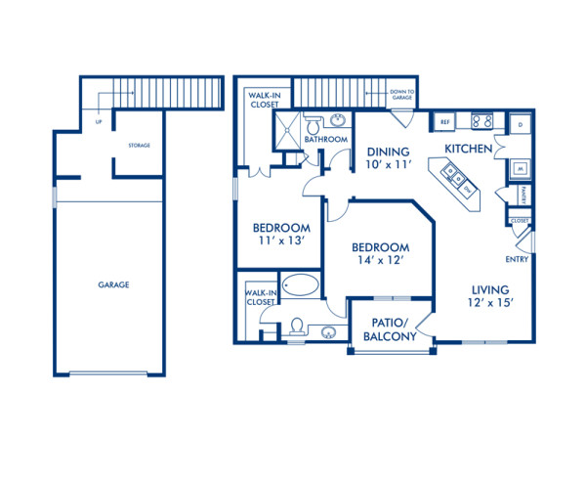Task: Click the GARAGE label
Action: click(x=113, y=284)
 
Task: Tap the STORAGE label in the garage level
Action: click(x=138, y=146)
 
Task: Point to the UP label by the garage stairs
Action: click(x=98, y=123)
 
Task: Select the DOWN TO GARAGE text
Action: click(x=402, y=94)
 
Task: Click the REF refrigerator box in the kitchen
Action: click(x=443, y=122)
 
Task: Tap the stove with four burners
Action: click(x=481, y=122)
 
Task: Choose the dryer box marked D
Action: click(x=521, y=125)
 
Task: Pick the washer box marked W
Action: click(x=520, y=168)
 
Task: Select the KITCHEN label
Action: click(x=468, y=148)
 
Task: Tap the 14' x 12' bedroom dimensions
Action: click(x=379, y=262)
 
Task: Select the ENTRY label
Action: click(x=518, y=260)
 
